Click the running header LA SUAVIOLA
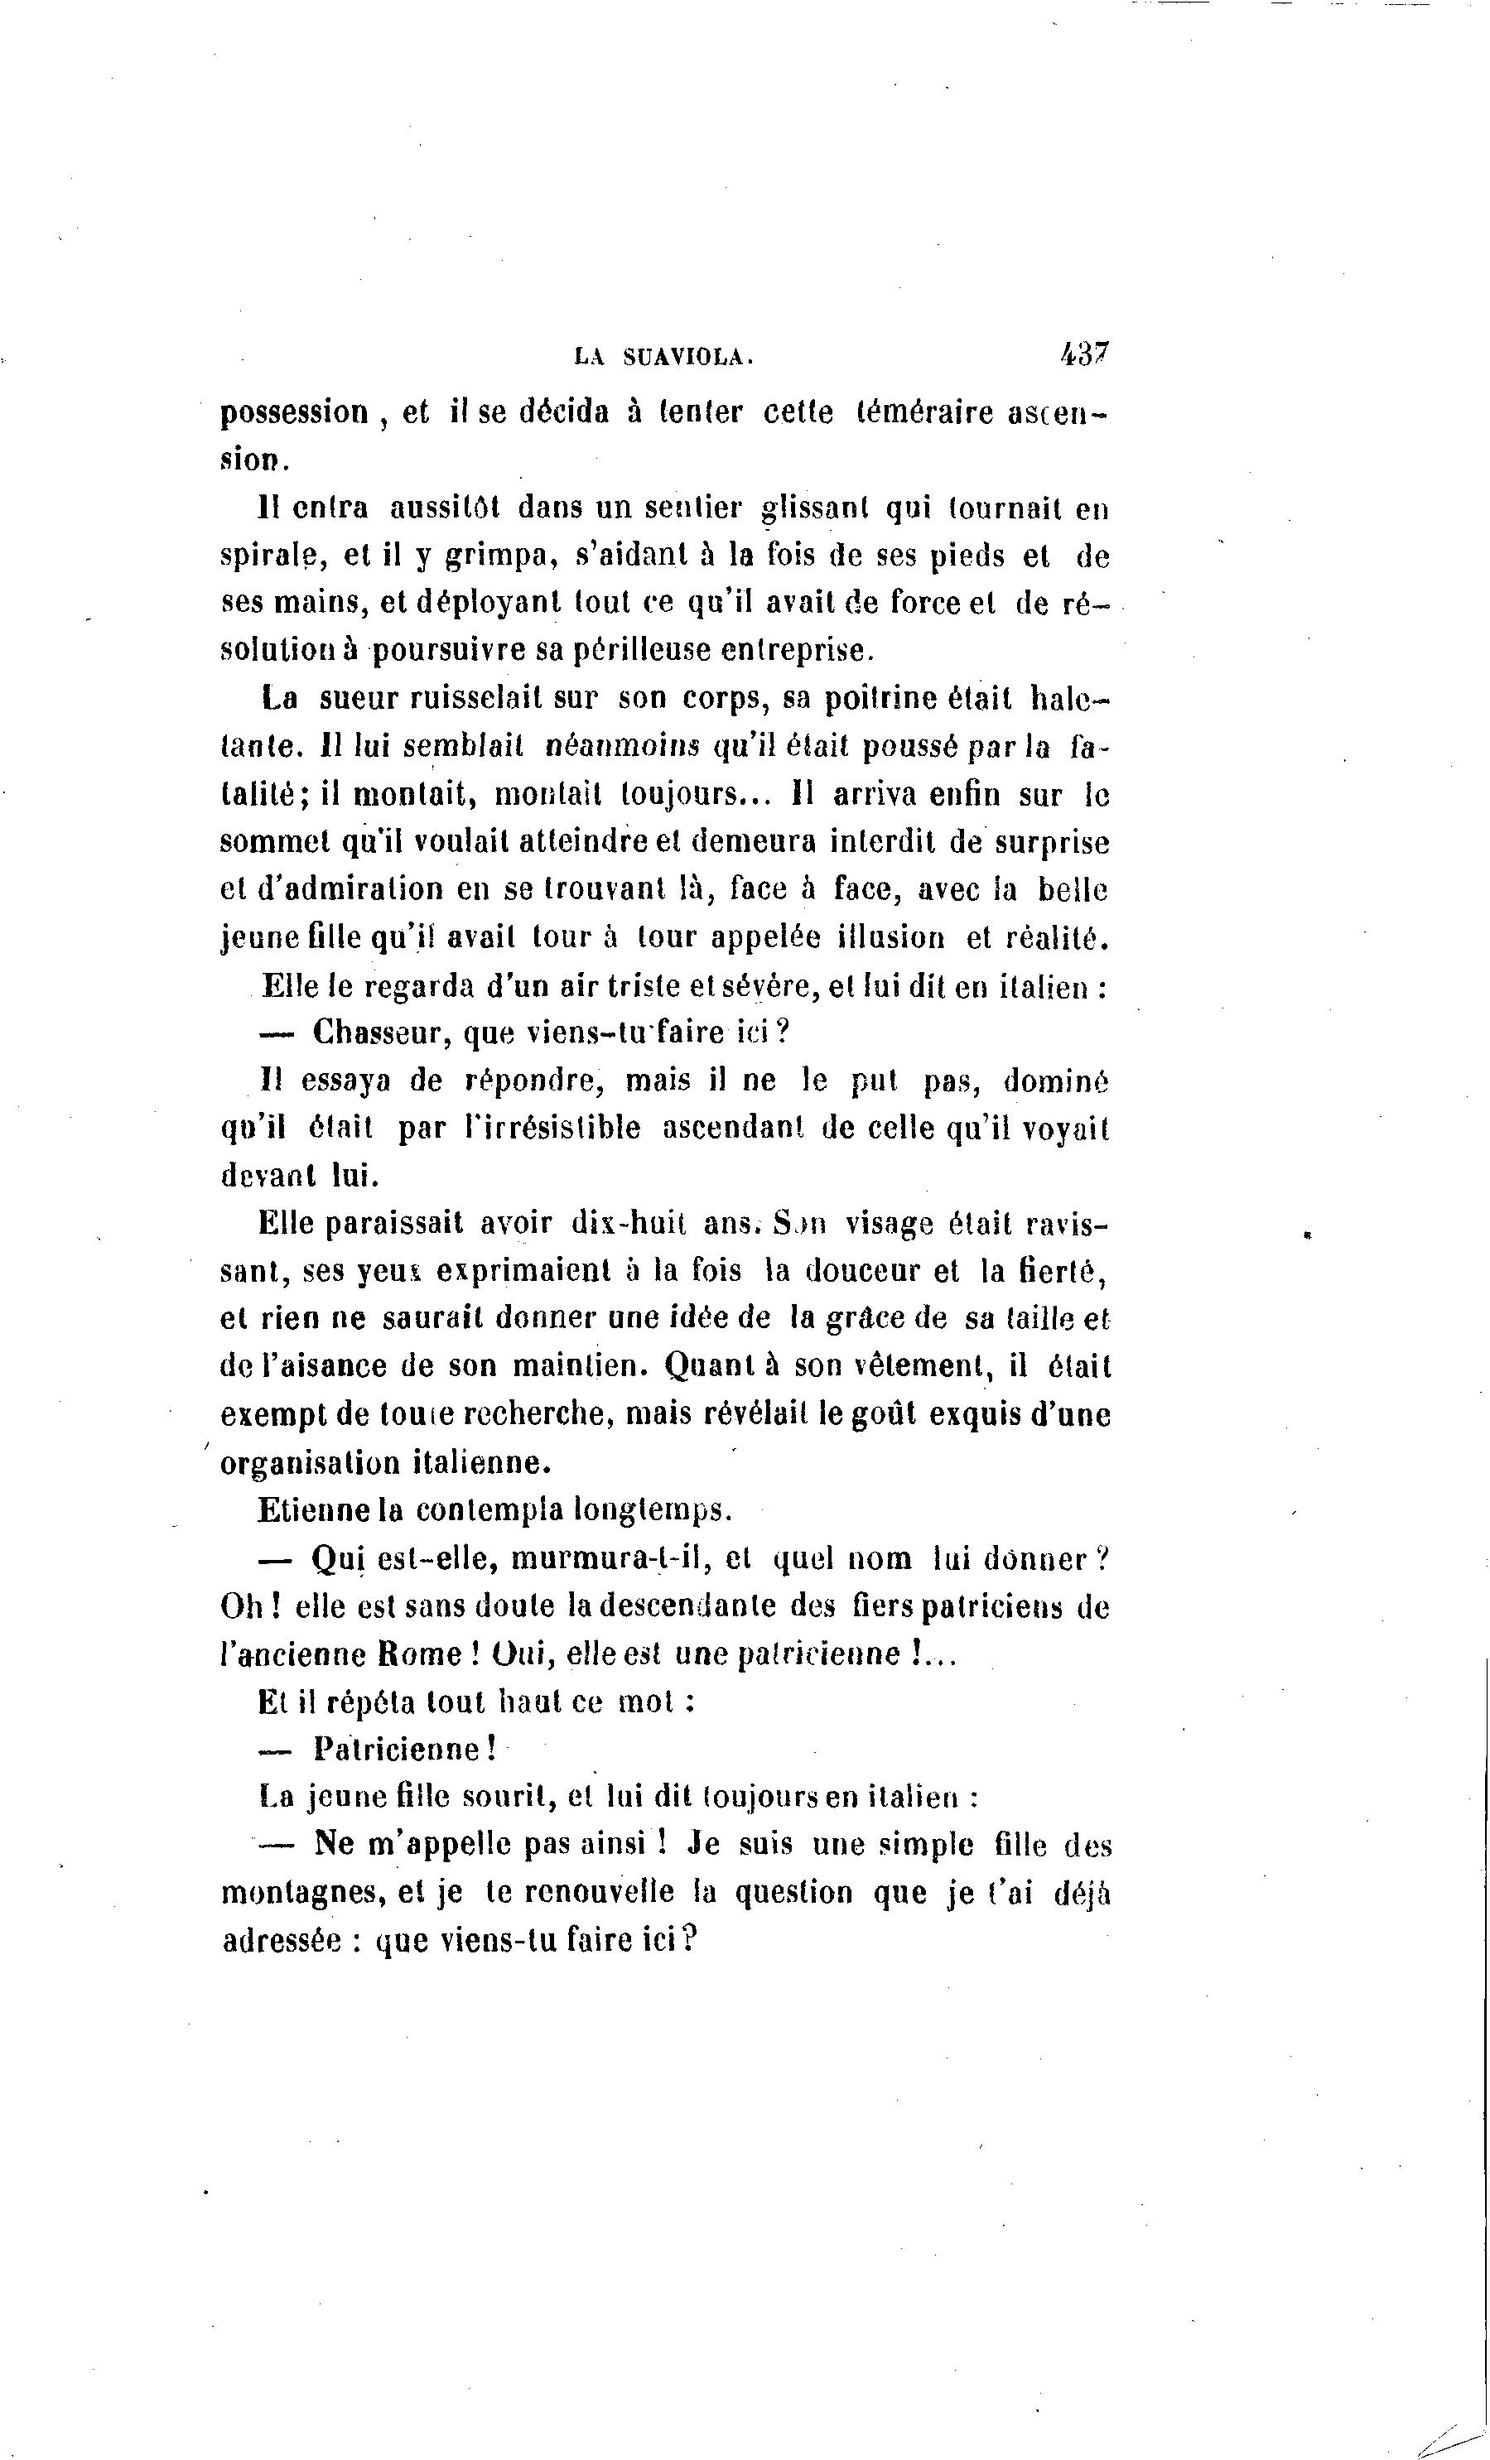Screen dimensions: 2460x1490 click(663, 358)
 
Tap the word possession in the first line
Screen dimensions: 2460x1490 click(295, 413)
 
